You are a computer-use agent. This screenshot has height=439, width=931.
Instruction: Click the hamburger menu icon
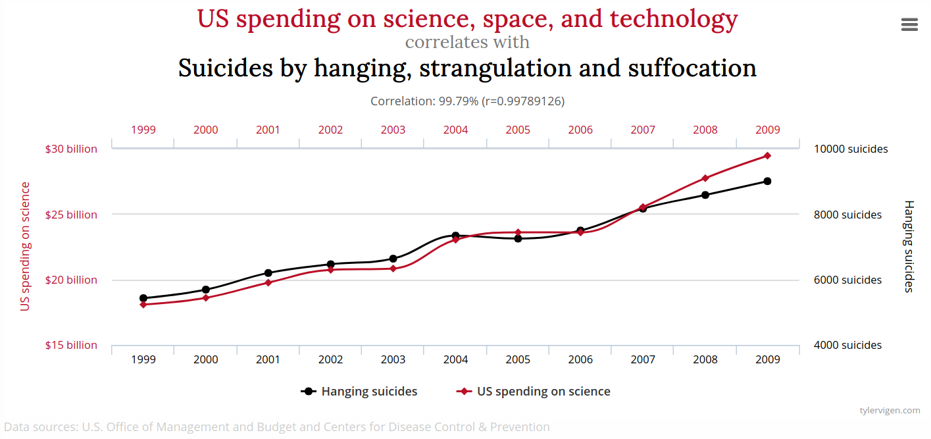pos(909,24)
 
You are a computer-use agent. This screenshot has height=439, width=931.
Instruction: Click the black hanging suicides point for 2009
pos(767,181)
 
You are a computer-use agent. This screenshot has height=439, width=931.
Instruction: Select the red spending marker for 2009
pos(767,155)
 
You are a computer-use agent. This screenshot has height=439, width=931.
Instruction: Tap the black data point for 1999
pos(143,298)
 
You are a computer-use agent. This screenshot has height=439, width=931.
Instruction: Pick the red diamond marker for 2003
pos(393,269)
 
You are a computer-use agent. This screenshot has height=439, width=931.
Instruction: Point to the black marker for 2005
pos(518,238)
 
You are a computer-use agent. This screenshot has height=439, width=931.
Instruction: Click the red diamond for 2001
pos(268,282)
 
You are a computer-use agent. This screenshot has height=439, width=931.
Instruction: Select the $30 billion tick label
pos(71,149)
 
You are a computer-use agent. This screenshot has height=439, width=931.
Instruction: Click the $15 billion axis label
pos(71,345)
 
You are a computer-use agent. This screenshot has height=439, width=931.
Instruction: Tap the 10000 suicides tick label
pos(851,149)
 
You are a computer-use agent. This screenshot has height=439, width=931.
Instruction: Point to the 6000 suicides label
pos(848,280)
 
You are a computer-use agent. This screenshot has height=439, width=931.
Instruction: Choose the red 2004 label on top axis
pos(455,130)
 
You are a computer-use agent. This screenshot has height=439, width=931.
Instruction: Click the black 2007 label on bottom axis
pos(643,359)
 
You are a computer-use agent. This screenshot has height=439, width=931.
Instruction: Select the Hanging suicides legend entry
pos(368,392)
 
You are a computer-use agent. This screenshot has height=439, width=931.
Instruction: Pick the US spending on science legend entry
pos(543,392)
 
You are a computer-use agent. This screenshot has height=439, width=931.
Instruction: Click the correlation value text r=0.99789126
pos(523,101)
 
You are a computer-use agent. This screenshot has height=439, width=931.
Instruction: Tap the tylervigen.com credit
pos(890,410)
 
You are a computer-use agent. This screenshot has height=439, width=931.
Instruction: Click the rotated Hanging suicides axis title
pos(909,246)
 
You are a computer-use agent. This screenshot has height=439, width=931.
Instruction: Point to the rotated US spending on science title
pos(25,246)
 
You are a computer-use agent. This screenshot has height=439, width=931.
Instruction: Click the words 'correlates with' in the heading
pos(467,42)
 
